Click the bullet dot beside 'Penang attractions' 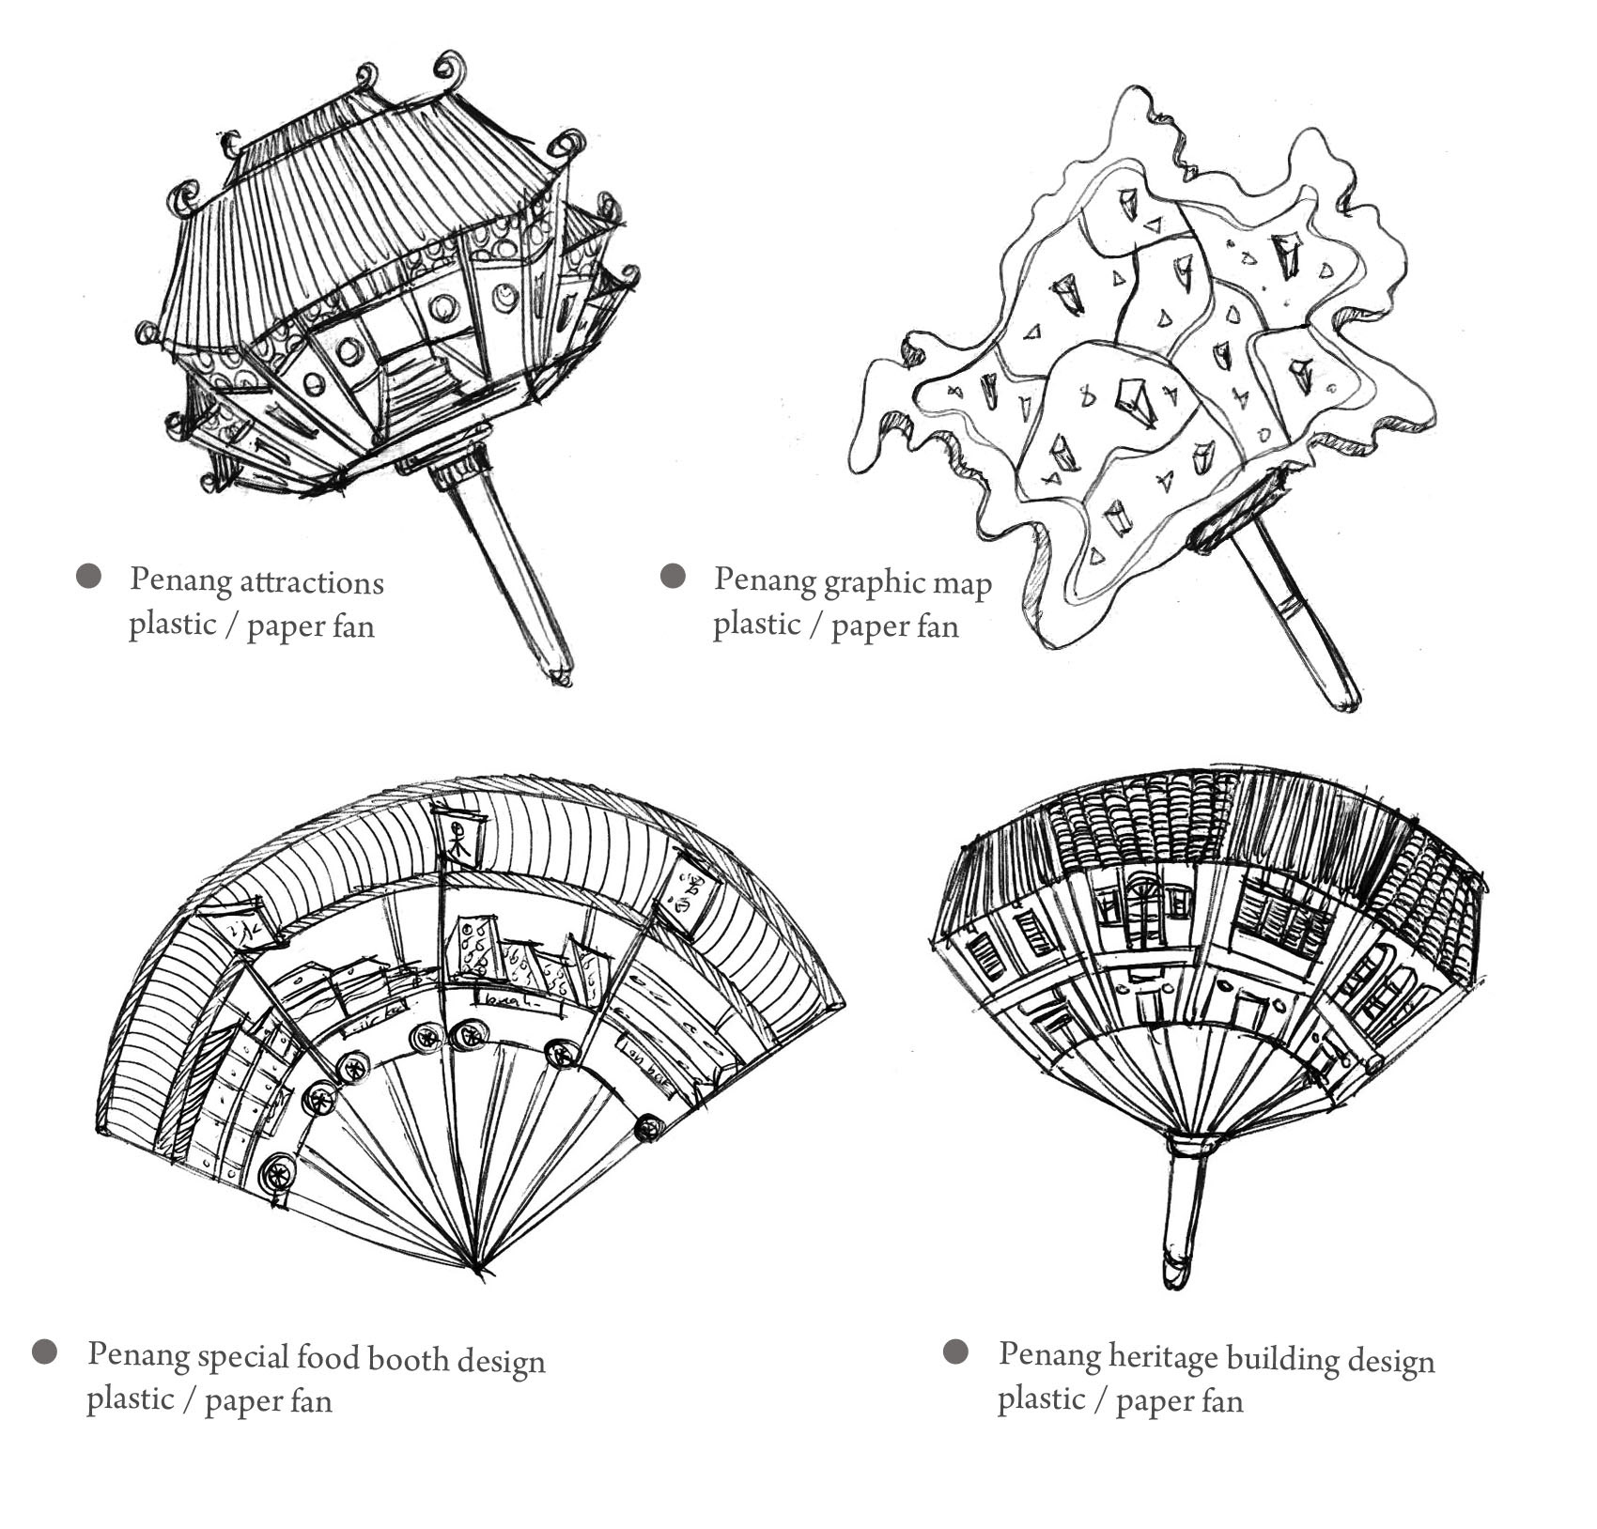click(88, 576)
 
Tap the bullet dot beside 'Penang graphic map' click(673, 576)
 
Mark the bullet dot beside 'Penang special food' click(44, 1352)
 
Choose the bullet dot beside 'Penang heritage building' click(955, 1351)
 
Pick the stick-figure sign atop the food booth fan click(460, 838)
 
